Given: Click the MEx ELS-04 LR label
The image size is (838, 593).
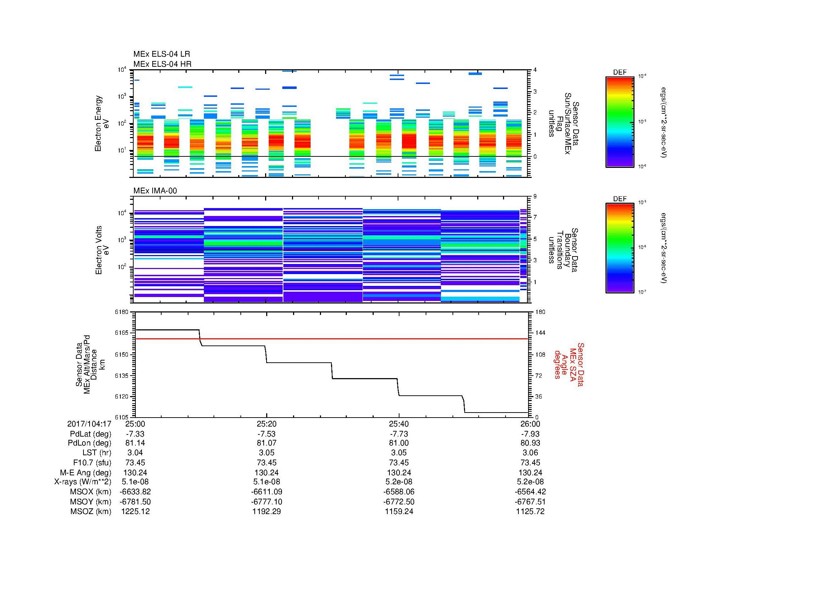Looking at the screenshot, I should [162, 54].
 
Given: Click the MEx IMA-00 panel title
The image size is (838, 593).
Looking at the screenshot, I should [155, 191].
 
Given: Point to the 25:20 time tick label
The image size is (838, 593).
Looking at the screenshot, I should [267, 424].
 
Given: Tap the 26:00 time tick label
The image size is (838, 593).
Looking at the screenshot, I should [530, 424].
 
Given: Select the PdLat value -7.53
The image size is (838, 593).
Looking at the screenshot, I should [267, 434].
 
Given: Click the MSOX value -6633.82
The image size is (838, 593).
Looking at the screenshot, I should [135, 492].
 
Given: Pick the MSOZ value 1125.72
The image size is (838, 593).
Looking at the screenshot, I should [530, 512].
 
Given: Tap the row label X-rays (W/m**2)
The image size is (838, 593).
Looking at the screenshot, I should [82, 482].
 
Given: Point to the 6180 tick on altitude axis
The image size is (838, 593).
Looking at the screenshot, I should [122, 312].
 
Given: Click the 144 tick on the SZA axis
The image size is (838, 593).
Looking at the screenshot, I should [540, 333].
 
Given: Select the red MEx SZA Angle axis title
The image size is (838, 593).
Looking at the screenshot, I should [569, 364].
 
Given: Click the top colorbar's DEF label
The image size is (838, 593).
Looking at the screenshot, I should [619, 72].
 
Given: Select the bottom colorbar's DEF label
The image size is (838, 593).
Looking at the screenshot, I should [619, 199].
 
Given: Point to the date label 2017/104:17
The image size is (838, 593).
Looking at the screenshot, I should [89, 424].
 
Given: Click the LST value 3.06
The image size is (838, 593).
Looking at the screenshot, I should [530, 453].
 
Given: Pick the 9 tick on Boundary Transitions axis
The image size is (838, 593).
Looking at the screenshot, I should [535, 197].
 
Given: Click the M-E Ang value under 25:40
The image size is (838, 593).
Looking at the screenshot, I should [399, 472].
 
